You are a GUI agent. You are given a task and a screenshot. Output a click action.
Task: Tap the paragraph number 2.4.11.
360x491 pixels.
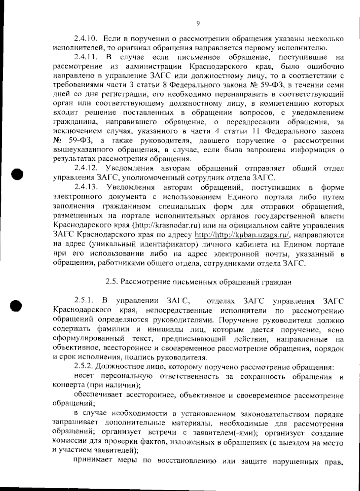click(85, 57)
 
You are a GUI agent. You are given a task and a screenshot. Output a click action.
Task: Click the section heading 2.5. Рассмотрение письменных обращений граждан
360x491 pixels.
click(198, 282)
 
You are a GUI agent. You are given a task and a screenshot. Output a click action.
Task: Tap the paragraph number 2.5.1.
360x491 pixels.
click(84, 300)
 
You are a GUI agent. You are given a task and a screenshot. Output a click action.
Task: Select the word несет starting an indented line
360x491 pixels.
click(84, 376)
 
